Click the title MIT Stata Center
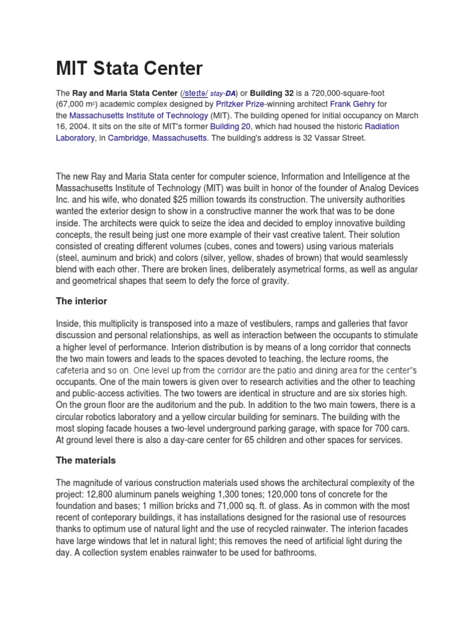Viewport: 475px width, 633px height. click(x=129, y=68)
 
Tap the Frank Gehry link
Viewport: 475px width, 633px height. click(x=352, y=104)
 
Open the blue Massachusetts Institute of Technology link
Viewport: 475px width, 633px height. click(x=138, y=116)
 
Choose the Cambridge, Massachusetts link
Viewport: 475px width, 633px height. click(x=158, y=138)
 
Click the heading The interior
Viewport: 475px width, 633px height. click(x=82, y=301)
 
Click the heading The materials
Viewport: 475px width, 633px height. click(x=86, y=461)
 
